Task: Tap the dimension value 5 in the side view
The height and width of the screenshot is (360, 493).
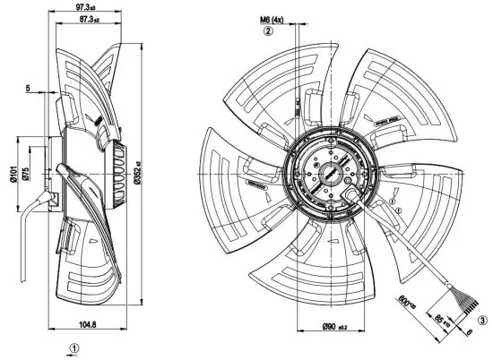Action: (29, 89)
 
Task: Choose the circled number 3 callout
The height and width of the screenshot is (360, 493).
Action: (482, 320)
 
